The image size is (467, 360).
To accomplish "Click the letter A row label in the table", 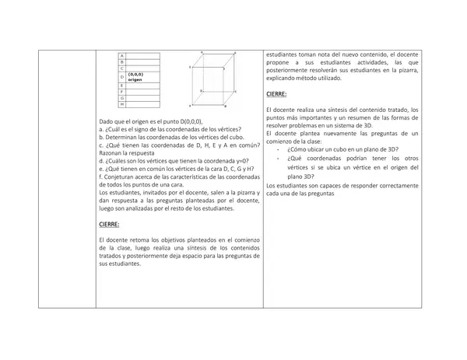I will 121,54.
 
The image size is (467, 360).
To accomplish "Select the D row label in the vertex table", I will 122,76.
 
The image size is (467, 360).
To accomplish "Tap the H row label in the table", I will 121,104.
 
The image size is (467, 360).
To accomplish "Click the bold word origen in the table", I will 136,79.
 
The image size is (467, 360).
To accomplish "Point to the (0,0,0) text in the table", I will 136,74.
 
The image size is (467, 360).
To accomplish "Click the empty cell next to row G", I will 144,97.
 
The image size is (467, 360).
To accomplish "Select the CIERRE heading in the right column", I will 276,94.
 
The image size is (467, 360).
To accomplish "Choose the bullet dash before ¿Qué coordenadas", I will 279,157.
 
